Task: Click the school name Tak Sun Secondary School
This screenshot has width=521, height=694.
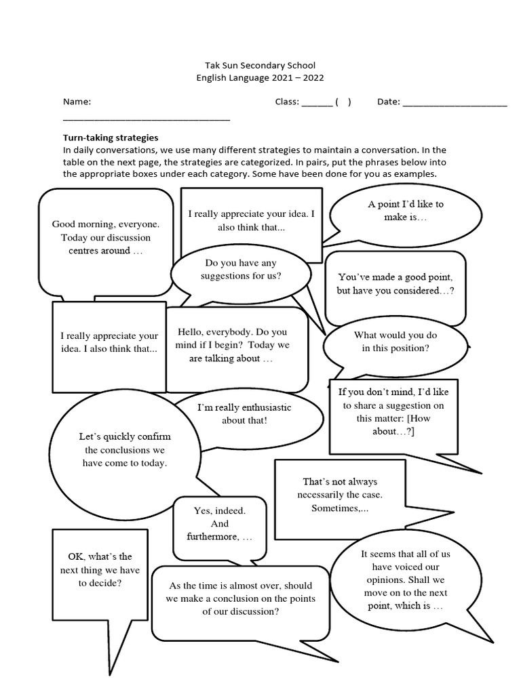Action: coord(260,65)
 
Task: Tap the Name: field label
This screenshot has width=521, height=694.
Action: coord(77,102)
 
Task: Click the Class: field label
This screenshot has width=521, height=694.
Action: coord(287,102)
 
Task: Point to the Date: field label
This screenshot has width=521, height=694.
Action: coord(388,102)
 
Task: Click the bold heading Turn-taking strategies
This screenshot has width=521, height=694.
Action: coord(111,138)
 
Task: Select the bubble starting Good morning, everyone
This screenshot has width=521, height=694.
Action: coord(106,237)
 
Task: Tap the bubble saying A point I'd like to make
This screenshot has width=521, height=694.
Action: coord(406,211)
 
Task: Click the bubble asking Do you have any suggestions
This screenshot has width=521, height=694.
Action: coord(241,270)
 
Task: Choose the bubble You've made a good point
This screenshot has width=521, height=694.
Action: coord(395,284)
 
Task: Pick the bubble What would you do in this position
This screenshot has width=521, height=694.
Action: coord(395,342)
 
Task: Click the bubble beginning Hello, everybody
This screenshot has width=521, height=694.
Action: coord(233,345)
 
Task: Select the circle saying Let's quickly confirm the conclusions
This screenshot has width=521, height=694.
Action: coord(124,450)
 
